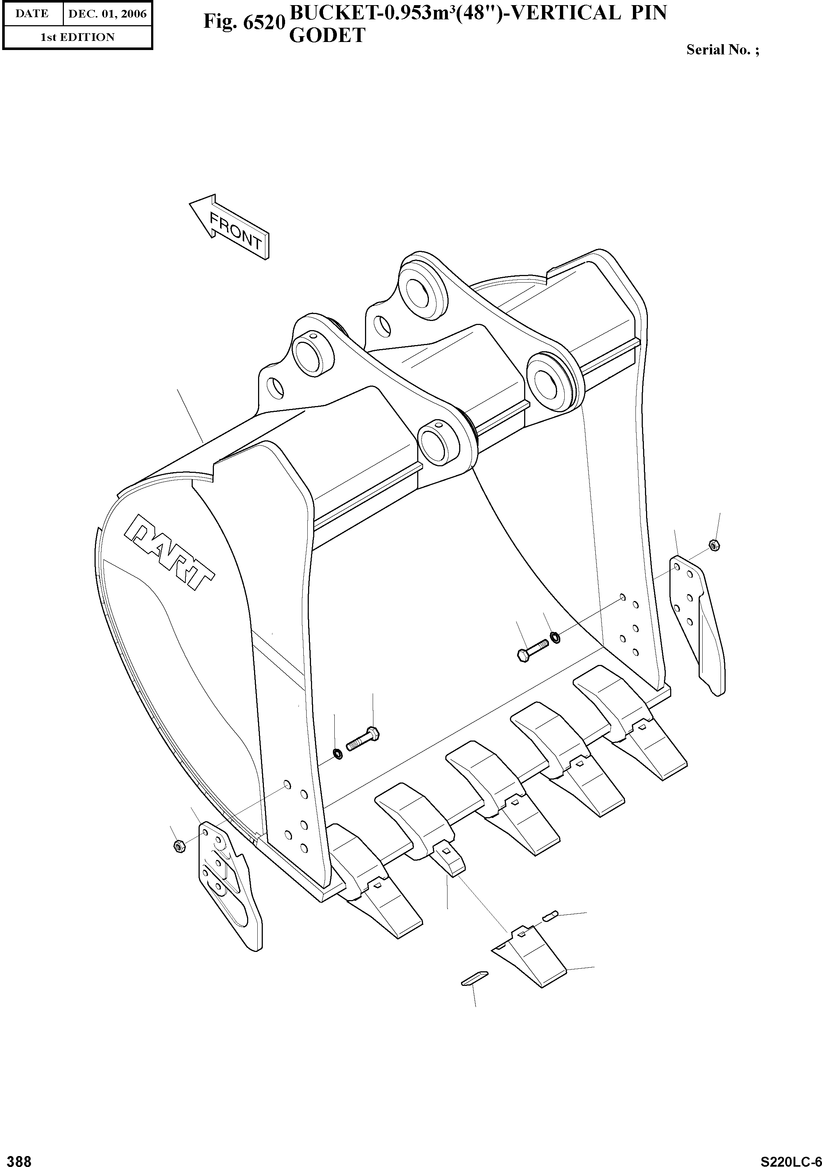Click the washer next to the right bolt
[x=556, y=636]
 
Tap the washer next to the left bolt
[x=337, y=753]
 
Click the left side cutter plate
[x=228, y=884]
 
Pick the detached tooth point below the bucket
[x=529, y=957]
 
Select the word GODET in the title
[x=327, y=35]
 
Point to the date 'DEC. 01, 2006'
[x=107, y=14]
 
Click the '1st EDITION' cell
[x=78, y=37]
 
